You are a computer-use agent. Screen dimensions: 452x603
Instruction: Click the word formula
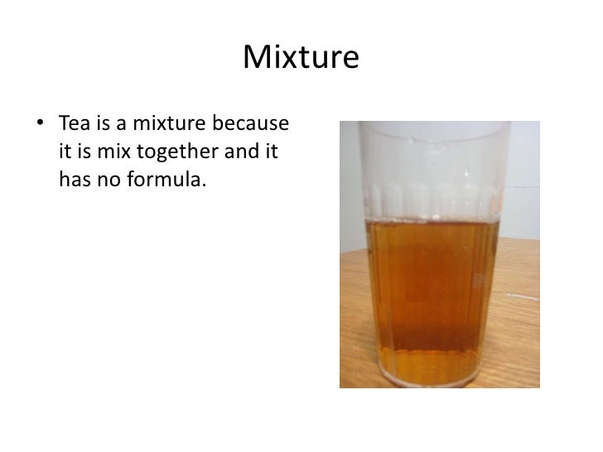(162, 177)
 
